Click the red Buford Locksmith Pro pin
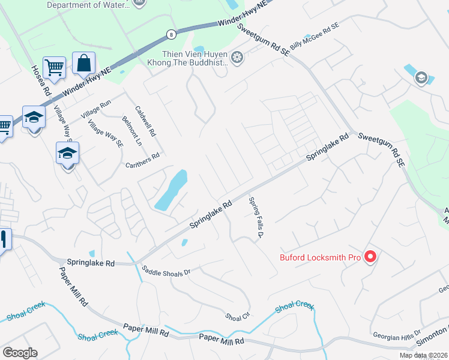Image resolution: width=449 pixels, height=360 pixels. pyautogui.click(x=370, y=257)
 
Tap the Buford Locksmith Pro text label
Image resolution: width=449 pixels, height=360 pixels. pyautogui.click(x=320, y=258)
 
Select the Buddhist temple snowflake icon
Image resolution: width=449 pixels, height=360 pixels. pyautogui.click(x=238, y=58)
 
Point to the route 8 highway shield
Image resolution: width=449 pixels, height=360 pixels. pyautogui.click(x=172, y=34)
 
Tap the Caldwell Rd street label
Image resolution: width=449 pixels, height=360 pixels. pyautogui.click(x=145, y=121)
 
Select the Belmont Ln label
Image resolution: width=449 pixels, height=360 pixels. pyautogui.click(x=131, y=131)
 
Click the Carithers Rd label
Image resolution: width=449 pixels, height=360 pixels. pyautogui.click(x=142, y=160)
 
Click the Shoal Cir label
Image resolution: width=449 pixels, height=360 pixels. pyautogui.click(x=237, y=316)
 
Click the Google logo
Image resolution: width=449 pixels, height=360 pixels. pyautogui.click(x=20, y=353)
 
